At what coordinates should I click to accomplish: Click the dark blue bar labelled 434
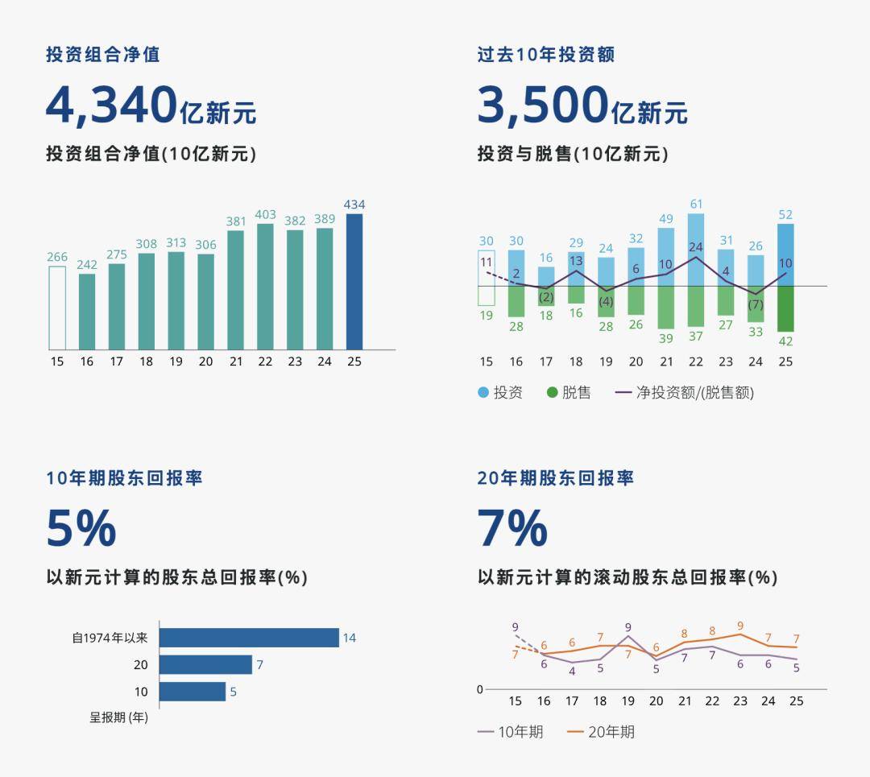pos(354,281)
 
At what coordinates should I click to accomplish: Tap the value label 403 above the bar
pos(265,215)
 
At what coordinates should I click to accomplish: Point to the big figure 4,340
pos(111,105)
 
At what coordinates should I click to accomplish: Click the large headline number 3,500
pos(543,105)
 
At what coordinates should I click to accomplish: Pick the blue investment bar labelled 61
pos(696,249)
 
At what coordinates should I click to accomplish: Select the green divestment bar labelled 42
pos(785,308)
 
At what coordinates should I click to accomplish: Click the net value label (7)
pos(755,305)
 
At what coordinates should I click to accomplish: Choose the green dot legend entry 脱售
pos(569,393)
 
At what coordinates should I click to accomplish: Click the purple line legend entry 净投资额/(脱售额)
pos(685,393)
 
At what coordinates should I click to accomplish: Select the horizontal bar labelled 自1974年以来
pos(249,638)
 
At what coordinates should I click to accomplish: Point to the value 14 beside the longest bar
pos(349,638)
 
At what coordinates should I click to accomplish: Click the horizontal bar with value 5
pos(193,692)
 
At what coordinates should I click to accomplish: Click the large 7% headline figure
pos(512,528)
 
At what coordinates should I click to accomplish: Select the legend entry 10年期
pos(511,732)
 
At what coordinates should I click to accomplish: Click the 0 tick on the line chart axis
pos(480,689)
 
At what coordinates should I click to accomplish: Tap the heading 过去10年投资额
pos(545,55)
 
